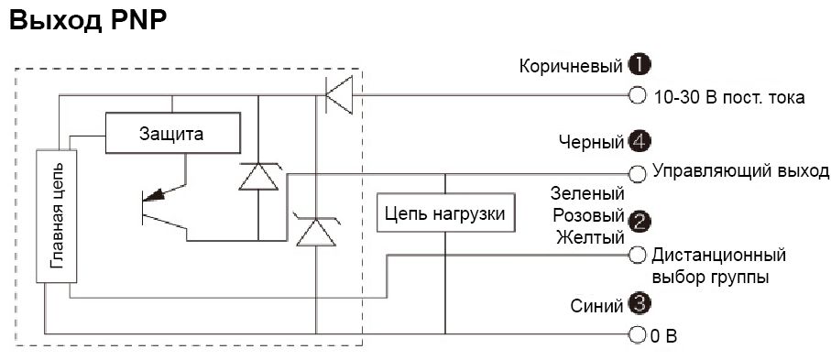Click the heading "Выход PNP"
[87, 21]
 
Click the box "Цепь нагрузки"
[446, 215]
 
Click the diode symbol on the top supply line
[339, 94]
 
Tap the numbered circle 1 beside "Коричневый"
[639, 65]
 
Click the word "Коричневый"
[571, 66]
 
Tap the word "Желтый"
[590, 238]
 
